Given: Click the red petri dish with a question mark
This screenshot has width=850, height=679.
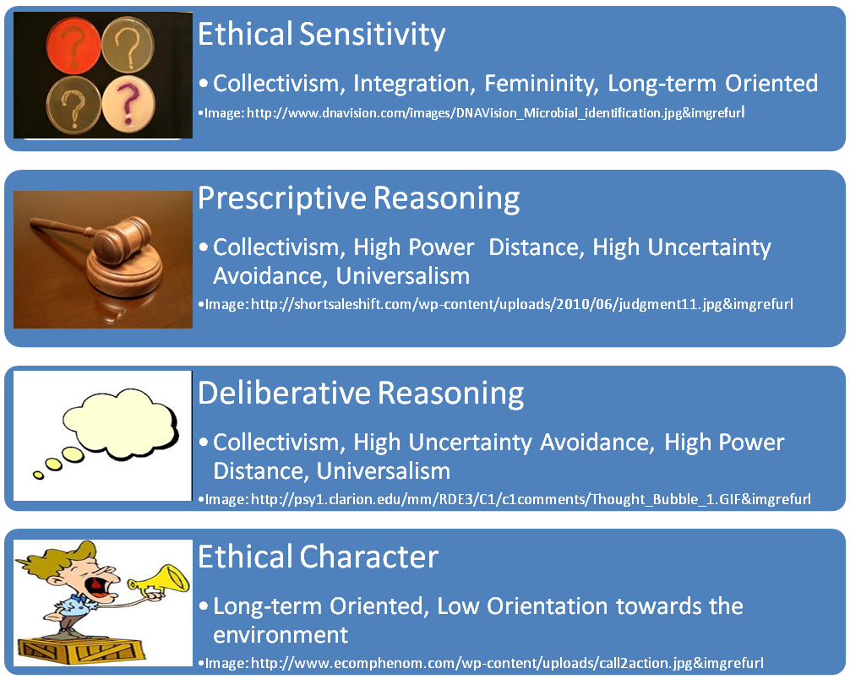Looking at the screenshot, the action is [74, 46].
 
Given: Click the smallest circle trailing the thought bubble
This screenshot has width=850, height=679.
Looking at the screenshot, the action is [38, 475].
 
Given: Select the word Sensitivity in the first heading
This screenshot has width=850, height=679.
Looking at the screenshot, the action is [373, 35].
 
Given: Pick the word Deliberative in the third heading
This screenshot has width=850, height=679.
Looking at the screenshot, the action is [285, 393].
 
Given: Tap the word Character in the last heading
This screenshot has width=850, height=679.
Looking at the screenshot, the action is [369, 557].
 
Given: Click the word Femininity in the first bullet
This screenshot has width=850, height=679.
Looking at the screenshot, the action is [542, 84].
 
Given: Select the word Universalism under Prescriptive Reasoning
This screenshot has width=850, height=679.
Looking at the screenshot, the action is [403, 276].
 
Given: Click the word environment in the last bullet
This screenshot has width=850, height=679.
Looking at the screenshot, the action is [281, 635].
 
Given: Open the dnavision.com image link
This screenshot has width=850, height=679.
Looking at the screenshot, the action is [495, 112].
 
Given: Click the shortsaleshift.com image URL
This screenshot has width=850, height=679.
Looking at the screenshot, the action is [521, 304].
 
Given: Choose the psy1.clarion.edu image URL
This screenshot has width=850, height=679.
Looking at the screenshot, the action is [531, 499].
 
